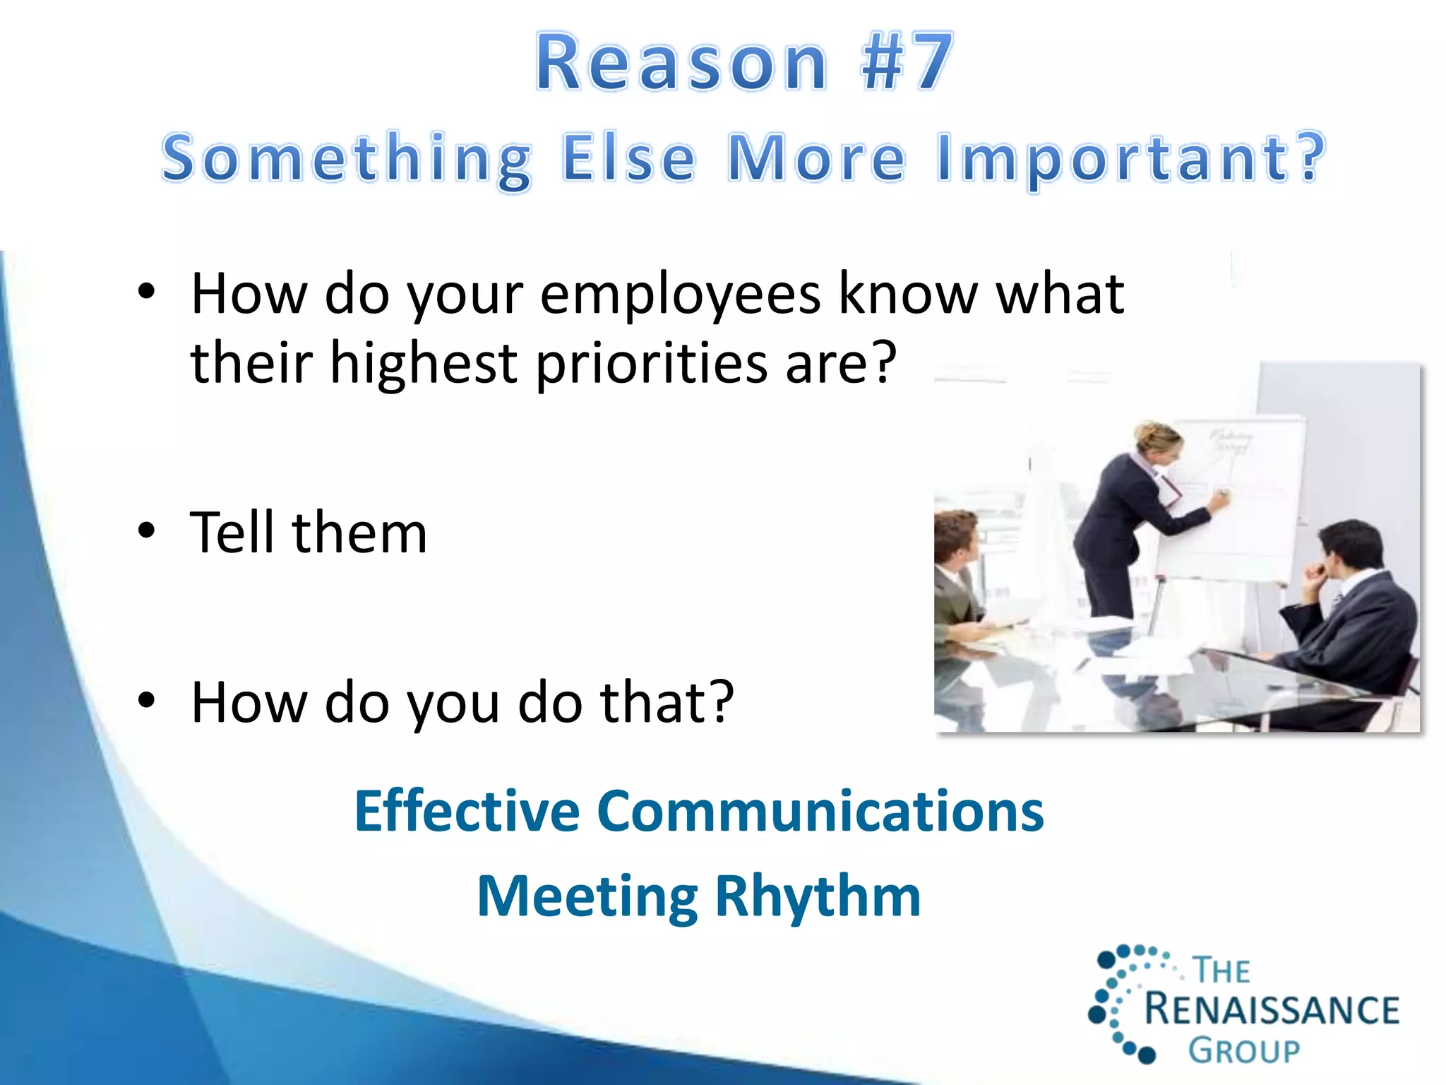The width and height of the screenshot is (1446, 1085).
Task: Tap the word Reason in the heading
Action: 681,64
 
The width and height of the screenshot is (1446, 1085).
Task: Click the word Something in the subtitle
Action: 346,159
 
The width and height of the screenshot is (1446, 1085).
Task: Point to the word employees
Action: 680,295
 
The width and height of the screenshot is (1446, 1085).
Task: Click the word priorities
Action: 651,364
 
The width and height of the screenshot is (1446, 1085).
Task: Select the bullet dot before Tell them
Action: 146,531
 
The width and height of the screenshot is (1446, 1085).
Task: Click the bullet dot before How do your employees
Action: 146,292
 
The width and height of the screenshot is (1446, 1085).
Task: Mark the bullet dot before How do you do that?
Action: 146,700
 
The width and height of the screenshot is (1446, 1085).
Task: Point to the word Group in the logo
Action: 1243,1051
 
